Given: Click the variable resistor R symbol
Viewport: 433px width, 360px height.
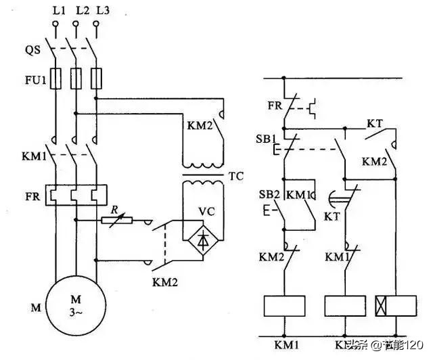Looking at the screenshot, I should point(117,220).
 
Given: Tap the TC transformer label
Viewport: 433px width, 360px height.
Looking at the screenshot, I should point(236,177).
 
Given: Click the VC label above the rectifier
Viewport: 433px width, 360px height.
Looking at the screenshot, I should point(206,210).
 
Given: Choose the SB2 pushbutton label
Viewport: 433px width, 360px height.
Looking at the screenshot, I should point(269,195).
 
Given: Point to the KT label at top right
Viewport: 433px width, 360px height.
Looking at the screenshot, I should point(375,123).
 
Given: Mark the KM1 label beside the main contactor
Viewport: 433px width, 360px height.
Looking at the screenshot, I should point(32,157).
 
